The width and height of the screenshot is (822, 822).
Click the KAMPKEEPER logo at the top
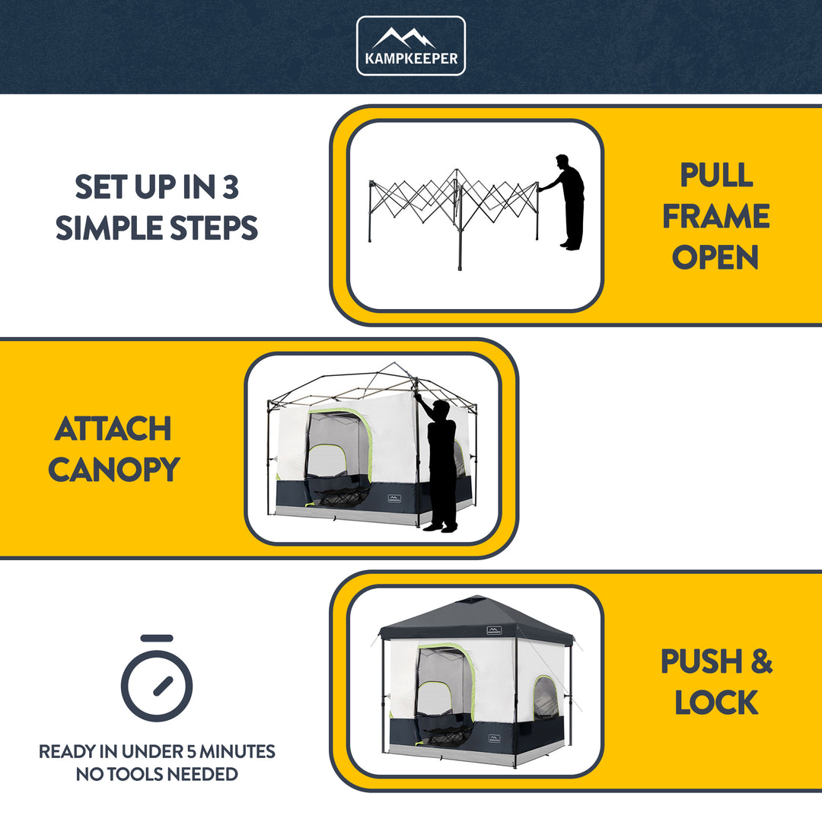coord(410,46)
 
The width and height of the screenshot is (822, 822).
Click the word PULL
coord(716,175)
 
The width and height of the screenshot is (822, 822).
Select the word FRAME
coord(715,216)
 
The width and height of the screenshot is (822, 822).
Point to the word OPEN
coord(715,257)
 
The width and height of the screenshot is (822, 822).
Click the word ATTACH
coord(113,429)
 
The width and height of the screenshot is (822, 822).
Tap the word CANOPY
coord(113,470)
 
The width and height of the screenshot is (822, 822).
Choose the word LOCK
coord(716,703)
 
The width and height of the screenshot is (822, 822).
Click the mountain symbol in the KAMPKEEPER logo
coord(410,37)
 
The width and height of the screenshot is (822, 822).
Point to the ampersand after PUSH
coord(760,661)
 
